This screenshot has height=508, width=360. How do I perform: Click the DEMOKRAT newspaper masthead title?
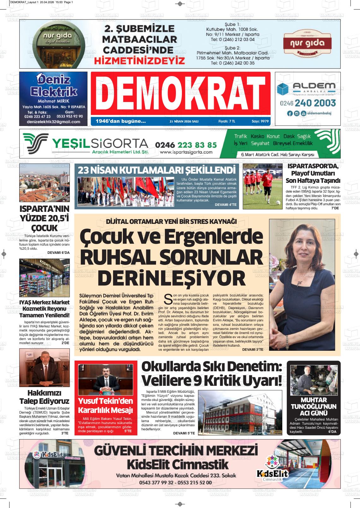coord(180,93)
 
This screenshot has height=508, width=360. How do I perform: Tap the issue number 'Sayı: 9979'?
coord(260,121)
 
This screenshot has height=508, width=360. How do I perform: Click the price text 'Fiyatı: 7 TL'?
coord(227,121)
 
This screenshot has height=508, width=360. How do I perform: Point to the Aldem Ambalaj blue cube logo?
coord(283,89)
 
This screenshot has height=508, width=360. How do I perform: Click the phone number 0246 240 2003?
coord(308,103)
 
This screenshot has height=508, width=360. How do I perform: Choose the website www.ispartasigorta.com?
coord(186,152)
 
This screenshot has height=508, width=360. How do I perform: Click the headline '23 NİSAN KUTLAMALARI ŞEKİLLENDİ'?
coord(157,170)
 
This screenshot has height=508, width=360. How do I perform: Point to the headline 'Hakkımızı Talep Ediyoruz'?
coord(44,397)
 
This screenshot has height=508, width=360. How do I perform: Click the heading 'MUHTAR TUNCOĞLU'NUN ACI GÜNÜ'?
coord(314,406)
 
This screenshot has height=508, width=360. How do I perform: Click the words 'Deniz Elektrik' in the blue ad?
coord(52,86)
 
